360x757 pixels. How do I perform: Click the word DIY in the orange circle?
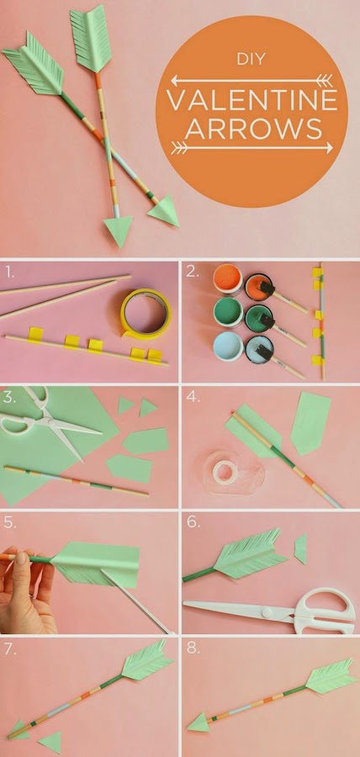coord(251,60)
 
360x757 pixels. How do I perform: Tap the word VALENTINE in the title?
coord(251,100)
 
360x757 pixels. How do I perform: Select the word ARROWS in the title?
coord(253,128)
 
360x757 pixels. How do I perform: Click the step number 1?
coord(9,273)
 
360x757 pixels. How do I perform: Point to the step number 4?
coord(193,396)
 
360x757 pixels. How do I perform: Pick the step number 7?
coord(10,649)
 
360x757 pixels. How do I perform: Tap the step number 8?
coord(193,648)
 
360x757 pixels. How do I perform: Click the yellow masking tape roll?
coord(146,314)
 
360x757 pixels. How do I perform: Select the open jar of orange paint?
coord(228,279)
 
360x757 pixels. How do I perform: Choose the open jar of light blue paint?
coord(228,347)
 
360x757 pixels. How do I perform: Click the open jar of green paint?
coord(228,312)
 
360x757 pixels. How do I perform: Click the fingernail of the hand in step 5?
coord(22,558)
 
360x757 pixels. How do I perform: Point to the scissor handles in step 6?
coord(326,611)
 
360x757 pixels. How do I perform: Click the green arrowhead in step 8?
coord(198,722)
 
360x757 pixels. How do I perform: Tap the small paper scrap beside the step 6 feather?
coord(300,548)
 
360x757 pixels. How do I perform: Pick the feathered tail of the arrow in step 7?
coord(147,660)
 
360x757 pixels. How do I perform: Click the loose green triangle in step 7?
coord(50,741)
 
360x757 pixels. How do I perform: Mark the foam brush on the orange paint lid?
coord(267,289)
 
